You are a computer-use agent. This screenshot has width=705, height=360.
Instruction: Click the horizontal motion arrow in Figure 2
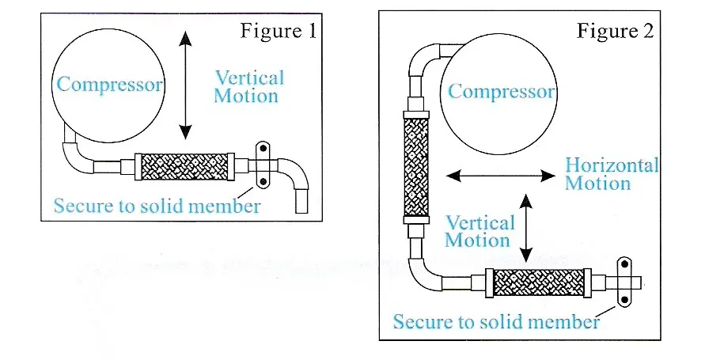click(x=500, y=176)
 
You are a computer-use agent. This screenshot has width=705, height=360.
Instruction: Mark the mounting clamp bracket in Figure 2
click(x=625, y=281)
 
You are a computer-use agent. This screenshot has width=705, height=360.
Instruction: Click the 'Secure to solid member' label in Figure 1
click(x=157, y=207)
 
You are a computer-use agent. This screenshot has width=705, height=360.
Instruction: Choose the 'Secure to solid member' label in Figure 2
click(x=496, y=321)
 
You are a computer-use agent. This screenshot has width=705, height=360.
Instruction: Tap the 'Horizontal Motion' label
click(x=610, y=174)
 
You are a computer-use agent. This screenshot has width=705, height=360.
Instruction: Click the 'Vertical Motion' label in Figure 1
click(x=248, y=87)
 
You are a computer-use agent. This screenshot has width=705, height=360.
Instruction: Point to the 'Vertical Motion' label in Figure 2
click(x=479, y=232)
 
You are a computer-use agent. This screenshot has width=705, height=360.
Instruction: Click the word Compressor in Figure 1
click(x=109, y=85)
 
